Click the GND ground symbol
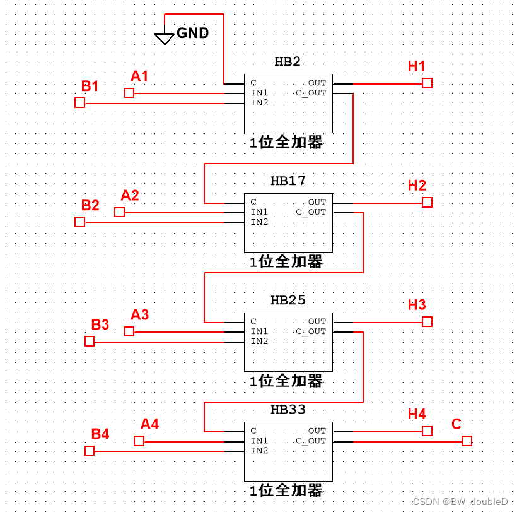(165, 39)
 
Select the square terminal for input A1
(129, 93)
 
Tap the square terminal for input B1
(79, 102)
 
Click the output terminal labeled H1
(427, 83)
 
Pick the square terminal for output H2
(427, 202)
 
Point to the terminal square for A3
(129, 331)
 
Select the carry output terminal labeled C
(467, 441)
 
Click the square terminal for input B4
(90, 451)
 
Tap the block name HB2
(288, 62)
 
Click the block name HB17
(288, 181)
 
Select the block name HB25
(288, 301)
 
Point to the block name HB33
(288, 410)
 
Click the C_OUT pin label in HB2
(311, 93)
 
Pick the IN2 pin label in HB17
(260, 222)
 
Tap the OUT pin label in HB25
(317, 321)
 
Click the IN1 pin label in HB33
(260, 441)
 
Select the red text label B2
(90, 205)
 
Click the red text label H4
(417, 414)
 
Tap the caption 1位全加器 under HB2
(286, 143)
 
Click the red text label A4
(149, 424)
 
